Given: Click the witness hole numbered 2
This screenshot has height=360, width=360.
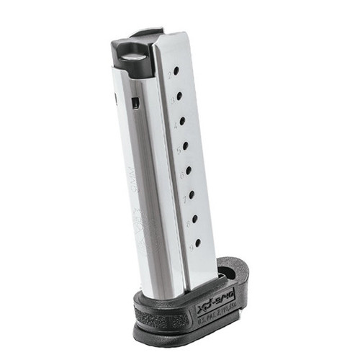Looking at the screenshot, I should [176, 71].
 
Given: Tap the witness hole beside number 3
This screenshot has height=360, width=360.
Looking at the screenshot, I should [179, 96].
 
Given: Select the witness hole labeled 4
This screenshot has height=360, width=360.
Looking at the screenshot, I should [182, 120].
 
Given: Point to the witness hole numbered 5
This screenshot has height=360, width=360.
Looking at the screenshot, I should [185, 145].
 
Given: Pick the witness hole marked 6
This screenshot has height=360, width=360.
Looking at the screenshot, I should [189, 170].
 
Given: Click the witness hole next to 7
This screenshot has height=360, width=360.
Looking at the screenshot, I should [192, 194].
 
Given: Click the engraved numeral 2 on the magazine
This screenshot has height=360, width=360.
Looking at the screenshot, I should [169, 73].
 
